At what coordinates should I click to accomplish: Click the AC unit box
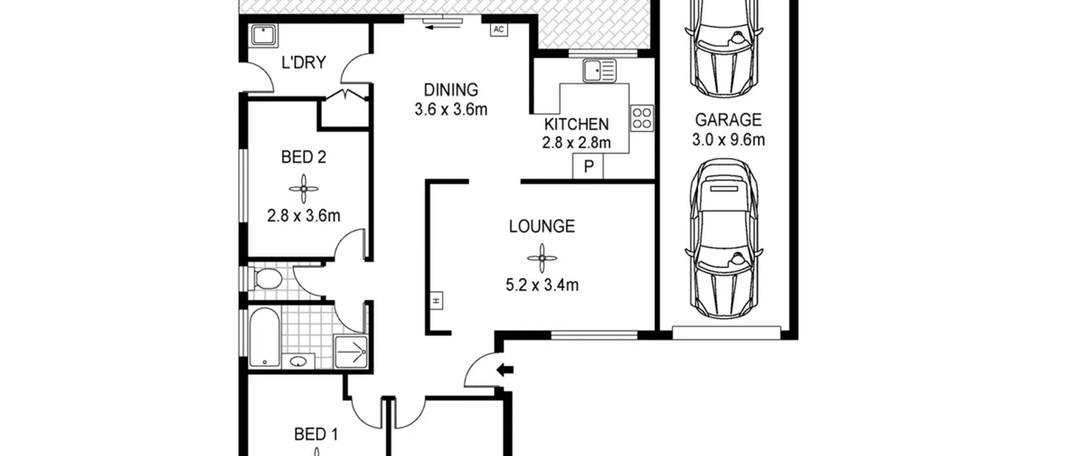pyautogui.click(x=499, y=29)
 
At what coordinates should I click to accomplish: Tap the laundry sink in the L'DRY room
pyautogui.click(x=264, y=35)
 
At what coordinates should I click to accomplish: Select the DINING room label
pyautogui.click(x=451, y=90)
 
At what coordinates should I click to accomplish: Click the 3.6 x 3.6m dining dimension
pyautogui.click(x=451, y=110)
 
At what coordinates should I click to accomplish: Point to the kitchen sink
pyautogui.click(x=599, y=71)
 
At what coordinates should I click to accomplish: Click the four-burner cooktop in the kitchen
pyautogui.click(x=642, y=118)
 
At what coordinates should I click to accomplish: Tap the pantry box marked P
pyautogui.click(x=588, y=166)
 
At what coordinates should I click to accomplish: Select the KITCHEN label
pyautogui.click(x=576, y=124)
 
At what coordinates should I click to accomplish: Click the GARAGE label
pyautogui.click(x=728, y=120)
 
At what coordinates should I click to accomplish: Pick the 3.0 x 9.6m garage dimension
pyautogui.click(x=728, y=140)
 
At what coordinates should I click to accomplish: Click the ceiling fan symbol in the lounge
pyautogui.click(x=542, y=258)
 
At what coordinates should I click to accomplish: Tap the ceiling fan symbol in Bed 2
pyautogui.click(x=304, y=189)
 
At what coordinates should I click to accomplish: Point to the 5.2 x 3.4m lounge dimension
pyautogui.click(x=542, y=285)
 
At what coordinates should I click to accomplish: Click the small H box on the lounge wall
pyautogui.click(x=437, y=301)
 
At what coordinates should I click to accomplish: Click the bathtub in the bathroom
pyautogui.click(x=264, y=337)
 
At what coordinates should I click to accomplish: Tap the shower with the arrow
pyautogui.click(x=351, y=352)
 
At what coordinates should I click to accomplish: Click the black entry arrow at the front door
pyautogui.click(x=505, y=370)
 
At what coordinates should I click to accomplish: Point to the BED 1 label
pyautogui.click(x=316, y=435)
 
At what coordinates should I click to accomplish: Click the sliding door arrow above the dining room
pyautogui.click(x=442, y=28)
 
